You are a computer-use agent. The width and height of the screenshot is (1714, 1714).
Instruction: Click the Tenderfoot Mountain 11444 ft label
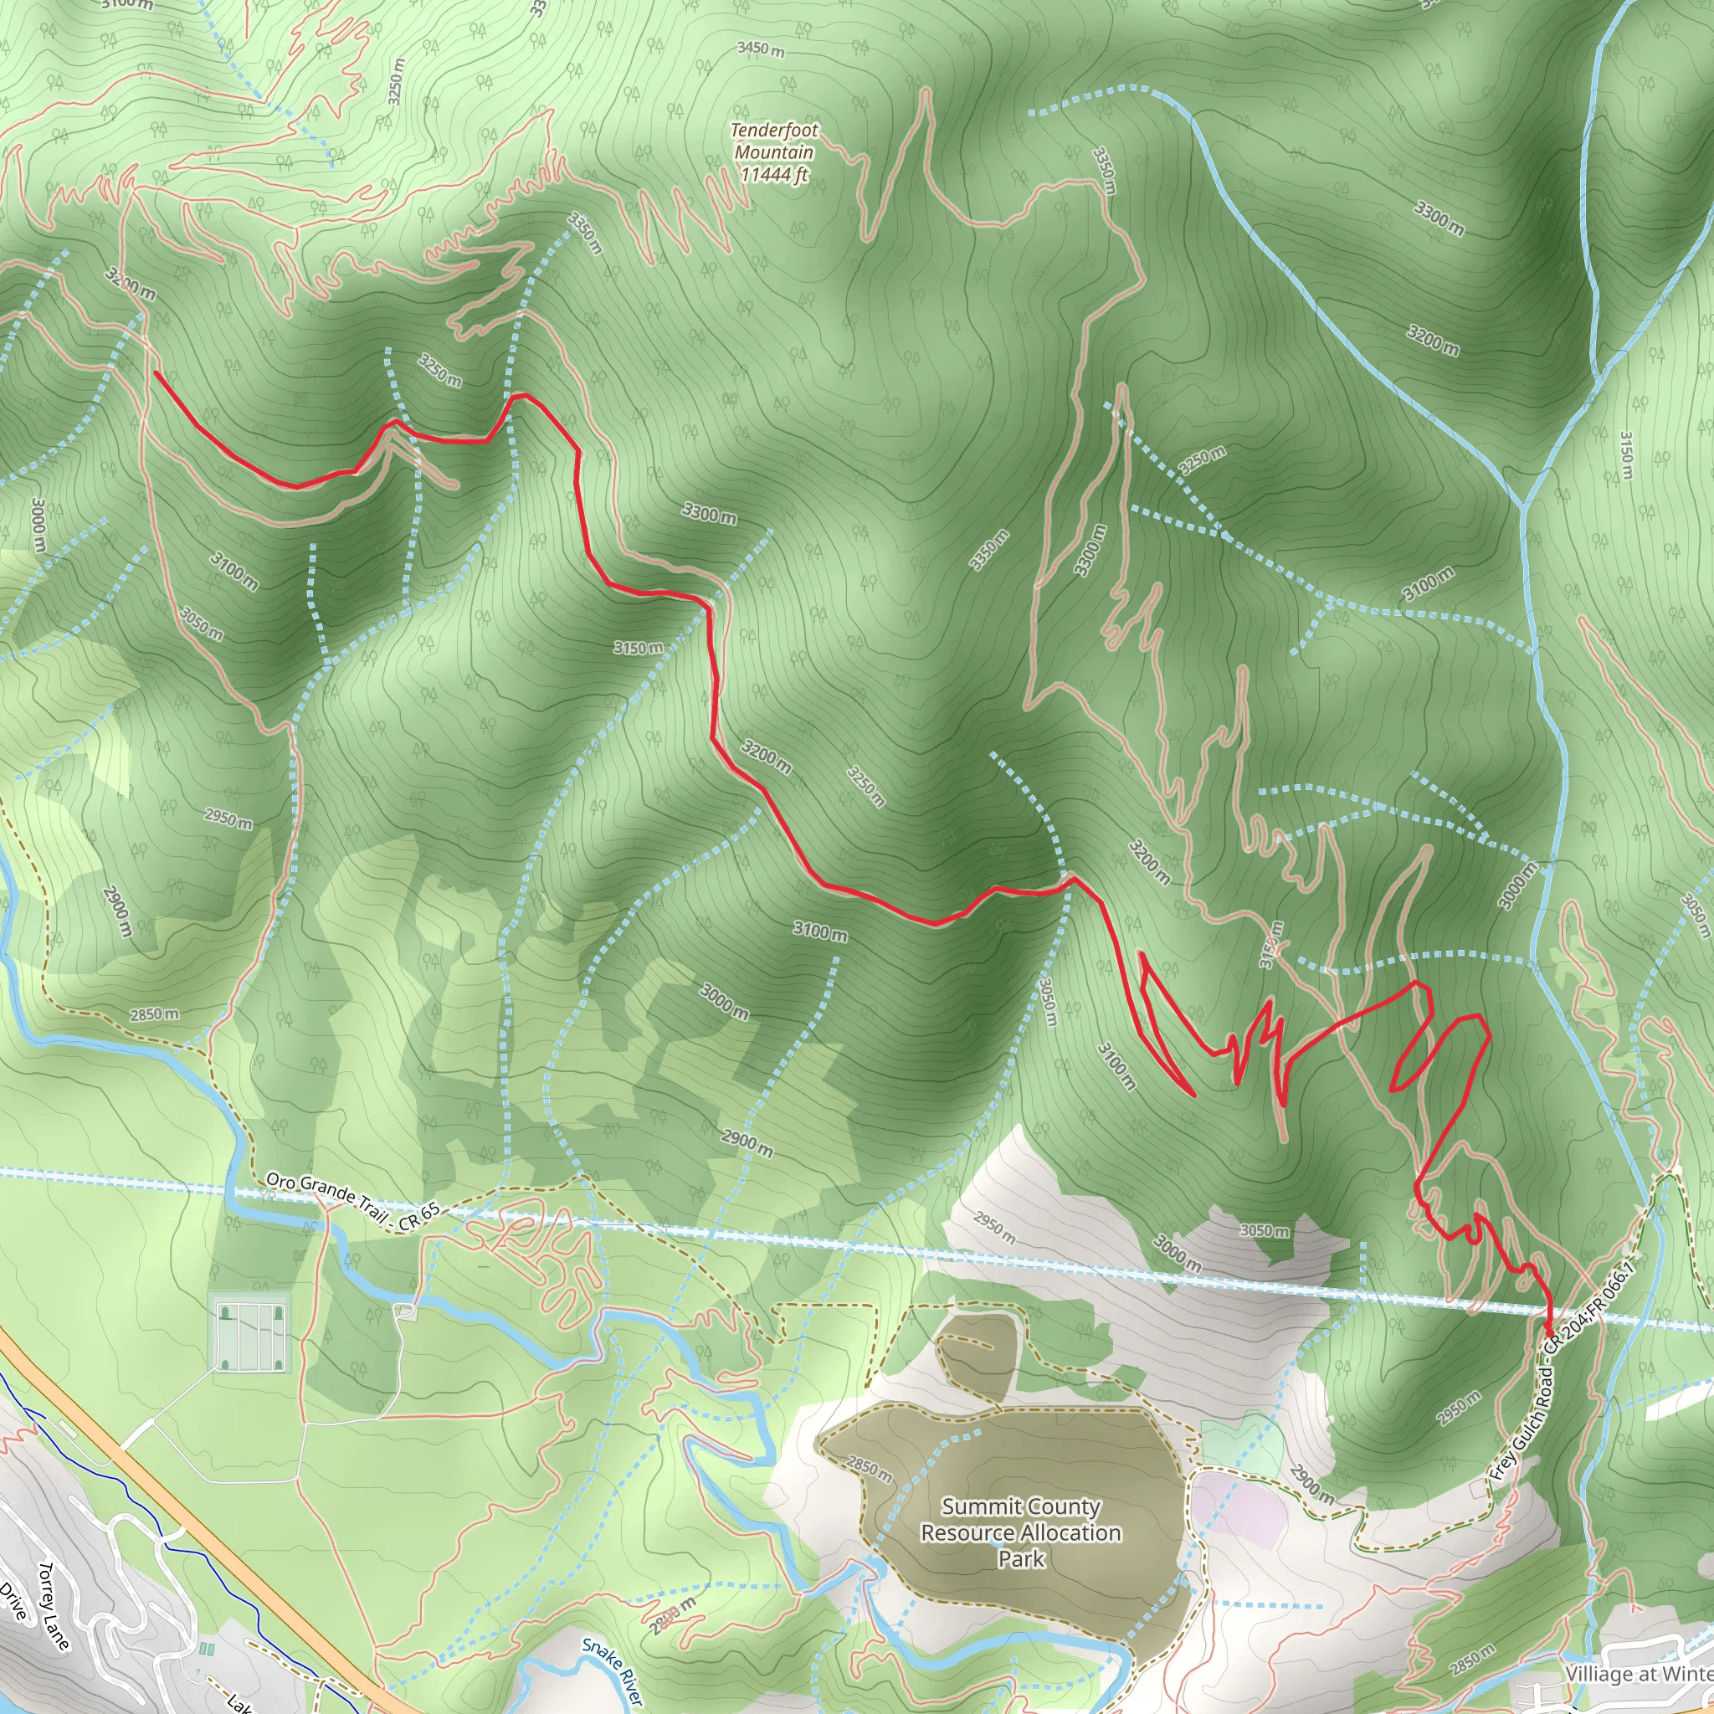(x=773, y=151)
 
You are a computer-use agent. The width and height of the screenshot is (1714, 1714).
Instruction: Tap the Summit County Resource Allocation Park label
(x=1020, y=1532)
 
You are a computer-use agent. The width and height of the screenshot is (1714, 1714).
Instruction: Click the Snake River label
(x=611, y=1670)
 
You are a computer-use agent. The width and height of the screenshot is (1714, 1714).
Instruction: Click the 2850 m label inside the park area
(x=869, y=1469)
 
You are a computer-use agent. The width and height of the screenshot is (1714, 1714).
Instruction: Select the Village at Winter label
(x=1638, y=1673)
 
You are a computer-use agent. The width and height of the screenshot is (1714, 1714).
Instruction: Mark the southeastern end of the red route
(x=1549, y=1334)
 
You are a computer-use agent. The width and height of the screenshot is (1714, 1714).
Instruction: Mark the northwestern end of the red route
(x=157, y=372)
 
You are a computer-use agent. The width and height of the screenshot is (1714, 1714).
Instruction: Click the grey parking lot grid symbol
(x=251, y=1334)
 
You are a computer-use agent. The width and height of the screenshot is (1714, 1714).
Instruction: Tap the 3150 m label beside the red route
(x=638, y=648)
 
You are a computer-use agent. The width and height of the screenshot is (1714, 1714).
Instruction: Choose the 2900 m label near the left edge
(x=117, y=911)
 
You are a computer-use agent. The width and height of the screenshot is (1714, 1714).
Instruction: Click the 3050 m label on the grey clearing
(x=1265, y=1230)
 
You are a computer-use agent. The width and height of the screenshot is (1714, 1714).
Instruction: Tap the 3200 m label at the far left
(x=131, y=285)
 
